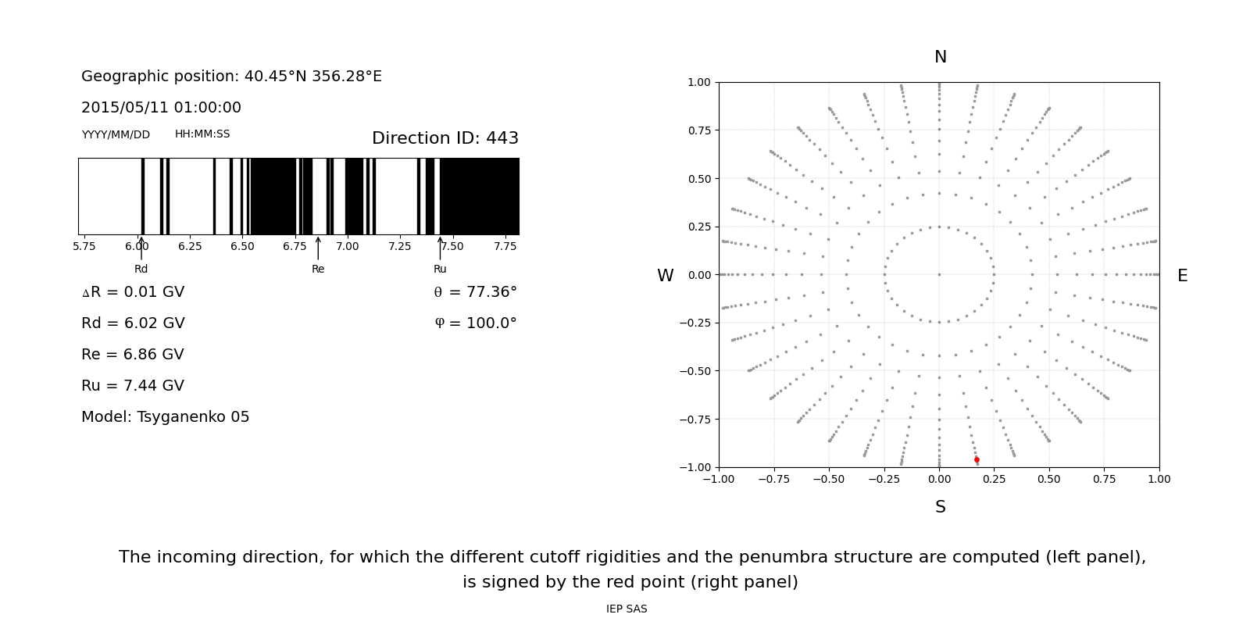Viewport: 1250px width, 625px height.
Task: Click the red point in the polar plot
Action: coord(977,460)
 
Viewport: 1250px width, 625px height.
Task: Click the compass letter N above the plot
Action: coord(941,57)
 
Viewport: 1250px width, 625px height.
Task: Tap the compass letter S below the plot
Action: coord(941,507)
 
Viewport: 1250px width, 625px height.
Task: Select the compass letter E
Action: coord(1182,276)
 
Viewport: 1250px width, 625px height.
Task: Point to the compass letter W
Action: coord(665,276)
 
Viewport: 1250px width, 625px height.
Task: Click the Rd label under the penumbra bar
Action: coord(141,269)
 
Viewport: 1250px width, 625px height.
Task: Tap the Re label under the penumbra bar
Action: coord(318,269)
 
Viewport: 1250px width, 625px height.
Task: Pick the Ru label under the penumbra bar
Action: coord(440,269)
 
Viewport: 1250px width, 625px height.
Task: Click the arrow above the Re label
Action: coord(318,248)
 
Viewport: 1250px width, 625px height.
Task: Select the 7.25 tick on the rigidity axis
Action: coord(399,247)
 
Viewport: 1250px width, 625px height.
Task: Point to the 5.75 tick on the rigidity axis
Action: coord(84,247)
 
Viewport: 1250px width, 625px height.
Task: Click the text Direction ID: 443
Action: coord(445,138)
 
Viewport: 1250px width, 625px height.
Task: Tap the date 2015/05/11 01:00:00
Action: coord(161,108)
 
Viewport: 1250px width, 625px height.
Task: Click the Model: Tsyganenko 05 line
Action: coord(165,417)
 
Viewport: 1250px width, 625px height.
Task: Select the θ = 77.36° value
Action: coord(475,292)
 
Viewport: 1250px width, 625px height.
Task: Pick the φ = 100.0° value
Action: coord(475,323)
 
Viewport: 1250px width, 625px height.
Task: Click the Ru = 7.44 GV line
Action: coord(133,386)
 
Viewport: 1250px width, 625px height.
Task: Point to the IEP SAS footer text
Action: coord(627,609)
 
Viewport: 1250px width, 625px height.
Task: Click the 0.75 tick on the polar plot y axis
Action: coord(698,130)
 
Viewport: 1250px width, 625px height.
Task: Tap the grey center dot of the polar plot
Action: coord(939,274)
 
